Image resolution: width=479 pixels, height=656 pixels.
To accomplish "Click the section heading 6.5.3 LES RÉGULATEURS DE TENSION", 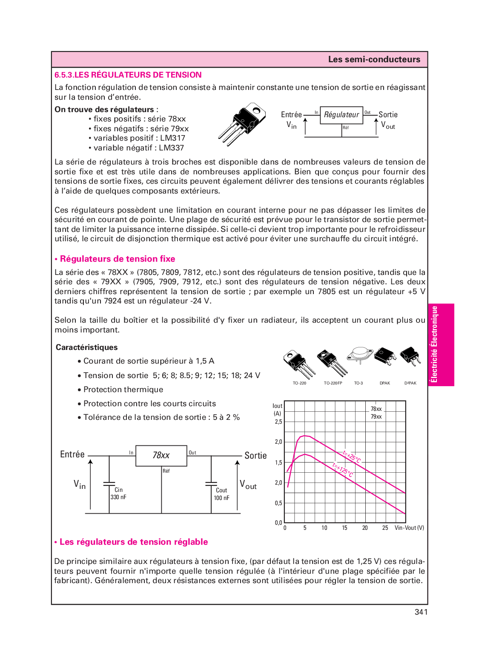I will [128, 75].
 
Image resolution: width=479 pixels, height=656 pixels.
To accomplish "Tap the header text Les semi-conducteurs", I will [374, 60].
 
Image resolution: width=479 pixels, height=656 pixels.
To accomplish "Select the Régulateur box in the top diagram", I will [341, 115].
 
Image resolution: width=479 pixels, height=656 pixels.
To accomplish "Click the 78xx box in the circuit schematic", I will [161, 456].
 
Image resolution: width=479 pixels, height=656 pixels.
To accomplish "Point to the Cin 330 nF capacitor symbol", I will [109, 484].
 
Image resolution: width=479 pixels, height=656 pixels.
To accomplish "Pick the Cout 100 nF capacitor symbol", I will [211, 484].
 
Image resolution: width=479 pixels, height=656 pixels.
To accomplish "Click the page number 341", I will [421, 612].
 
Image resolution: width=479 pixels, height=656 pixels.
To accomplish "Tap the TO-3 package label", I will [359, 383].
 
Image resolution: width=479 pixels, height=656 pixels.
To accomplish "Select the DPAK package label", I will [384, 383].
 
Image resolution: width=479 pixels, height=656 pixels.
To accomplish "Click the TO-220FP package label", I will [333, 383].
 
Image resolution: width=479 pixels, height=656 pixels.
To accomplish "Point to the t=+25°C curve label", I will [352, 457].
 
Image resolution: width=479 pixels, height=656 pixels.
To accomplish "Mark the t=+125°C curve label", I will [343, 470].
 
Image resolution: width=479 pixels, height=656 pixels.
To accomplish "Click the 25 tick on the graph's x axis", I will [385, 528].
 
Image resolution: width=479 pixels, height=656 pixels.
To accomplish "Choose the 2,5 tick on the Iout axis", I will [278, 422].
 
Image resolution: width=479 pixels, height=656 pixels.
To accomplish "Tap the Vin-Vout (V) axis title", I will [409, 528].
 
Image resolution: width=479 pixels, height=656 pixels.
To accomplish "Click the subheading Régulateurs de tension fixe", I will [117, 259].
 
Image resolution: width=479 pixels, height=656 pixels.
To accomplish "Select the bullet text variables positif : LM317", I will [139, 138].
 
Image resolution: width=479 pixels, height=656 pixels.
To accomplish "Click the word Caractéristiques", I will [86, 347].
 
